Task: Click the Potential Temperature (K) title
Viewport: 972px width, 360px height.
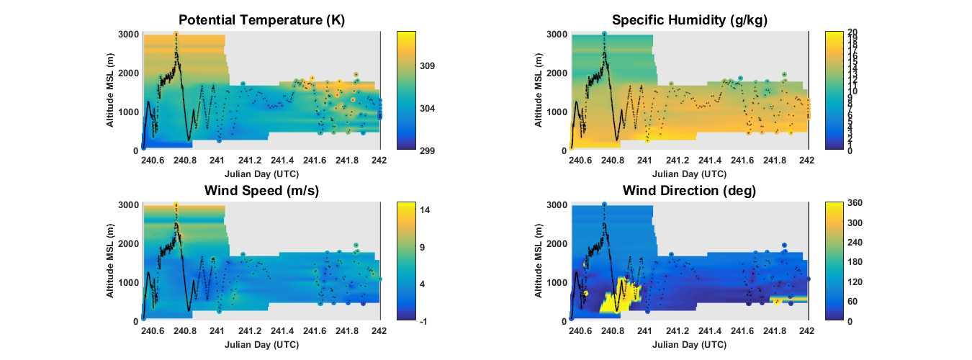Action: pyautogui.click(x=261, y=20)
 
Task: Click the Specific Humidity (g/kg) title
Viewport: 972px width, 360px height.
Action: pyautogui.click(x=690, y=20)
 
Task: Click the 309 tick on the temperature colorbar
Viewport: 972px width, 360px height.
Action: pyautogui.click(x=424, y=66)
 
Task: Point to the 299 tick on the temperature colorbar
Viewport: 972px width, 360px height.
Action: pyautogui.click(x=424, y=150)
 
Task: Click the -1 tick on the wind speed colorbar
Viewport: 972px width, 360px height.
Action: pyautogui.click(x=421, y=321)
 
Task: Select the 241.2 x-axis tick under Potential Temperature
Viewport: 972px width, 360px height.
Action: pyautogui.click(x=250, y=161)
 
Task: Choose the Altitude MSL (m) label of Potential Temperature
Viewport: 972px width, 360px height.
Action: pyautogui.click(x=111, y=91)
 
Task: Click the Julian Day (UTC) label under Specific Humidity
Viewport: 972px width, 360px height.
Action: pyautogui.click(x=690, y=174)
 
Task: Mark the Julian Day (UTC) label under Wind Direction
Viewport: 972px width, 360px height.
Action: pyautogui.click(x=690, y=344)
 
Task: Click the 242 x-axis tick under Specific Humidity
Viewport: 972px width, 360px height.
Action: pyautogui.click(x=808, y=161)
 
